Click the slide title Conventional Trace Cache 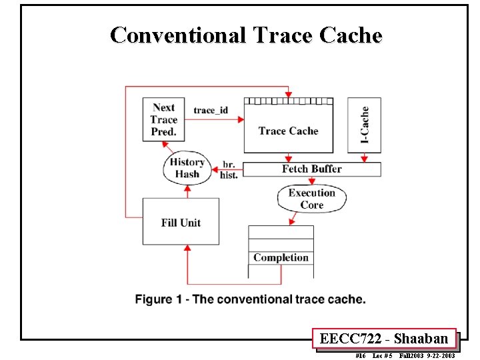[246, 35]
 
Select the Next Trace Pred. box [163, 119]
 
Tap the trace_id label [213, 110]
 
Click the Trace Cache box [288, 131]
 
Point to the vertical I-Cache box [364, 125]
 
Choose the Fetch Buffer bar [311, 169]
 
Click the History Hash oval [187, 168]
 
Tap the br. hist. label [229, 169]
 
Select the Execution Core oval [311, 199]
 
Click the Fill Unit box [181, 222]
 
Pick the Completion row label [281, 258]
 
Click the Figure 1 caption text [250, 299]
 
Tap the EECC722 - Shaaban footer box [384, 339]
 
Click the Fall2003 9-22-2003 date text [427, 355]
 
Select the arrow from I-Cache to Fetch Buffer [364, 157]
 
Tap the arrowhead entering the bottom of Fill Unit [187, 249]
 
